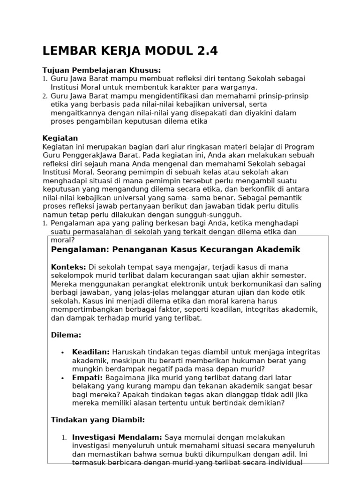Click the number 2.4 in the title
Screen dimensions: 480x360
tap(205, 51)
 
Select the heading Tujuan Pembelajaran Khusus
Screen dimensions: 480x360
tap(95, 70)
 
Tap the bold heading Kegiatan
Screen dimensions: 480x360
tap(60, 138)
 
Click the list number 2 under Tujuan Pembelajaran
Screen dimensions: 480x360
tap(45, 96)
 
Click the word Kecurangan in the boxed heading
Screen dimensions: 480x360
tap(225, 249)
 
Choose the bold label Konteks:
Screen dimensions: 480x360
tap(68, 267)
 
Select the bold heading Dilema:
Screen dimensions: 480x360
tap(66, 335)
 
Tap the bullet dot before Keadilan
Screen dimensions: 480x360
tap(62, 352)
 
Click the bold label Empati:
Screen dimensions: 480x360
tap(88, 377)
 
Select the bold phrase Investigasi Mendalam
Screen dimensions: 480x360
tap(117, 437)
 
